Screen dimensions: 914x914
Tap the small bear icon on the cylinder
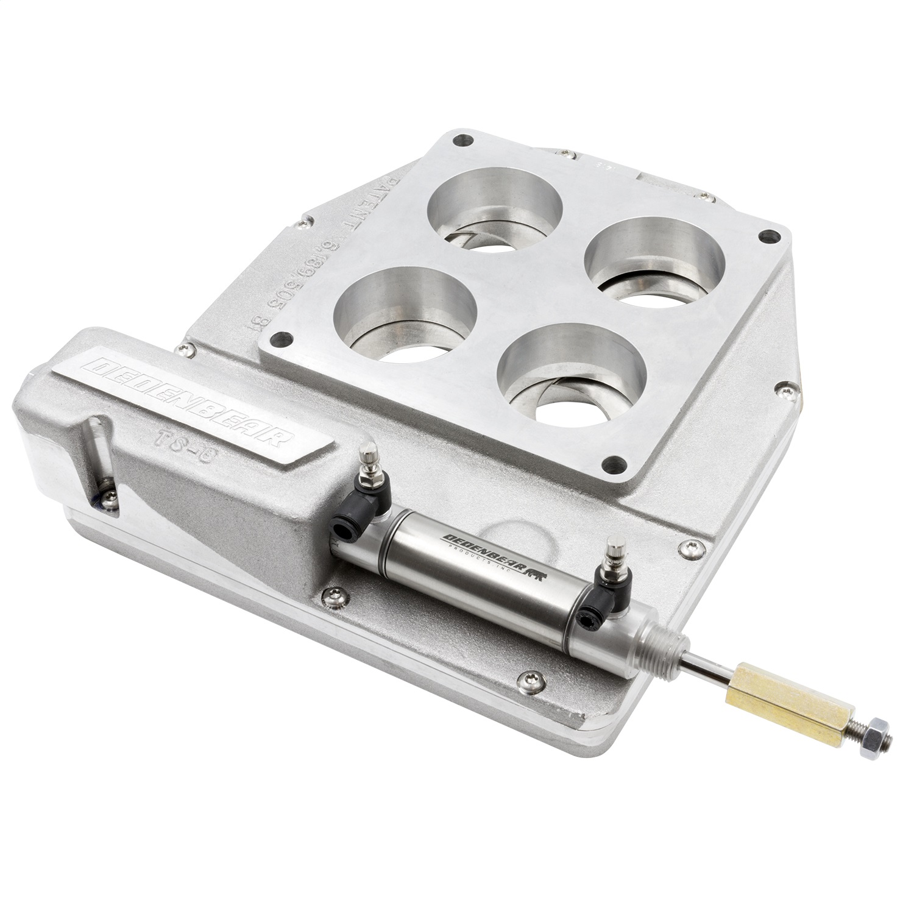(x=536, y=573)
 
